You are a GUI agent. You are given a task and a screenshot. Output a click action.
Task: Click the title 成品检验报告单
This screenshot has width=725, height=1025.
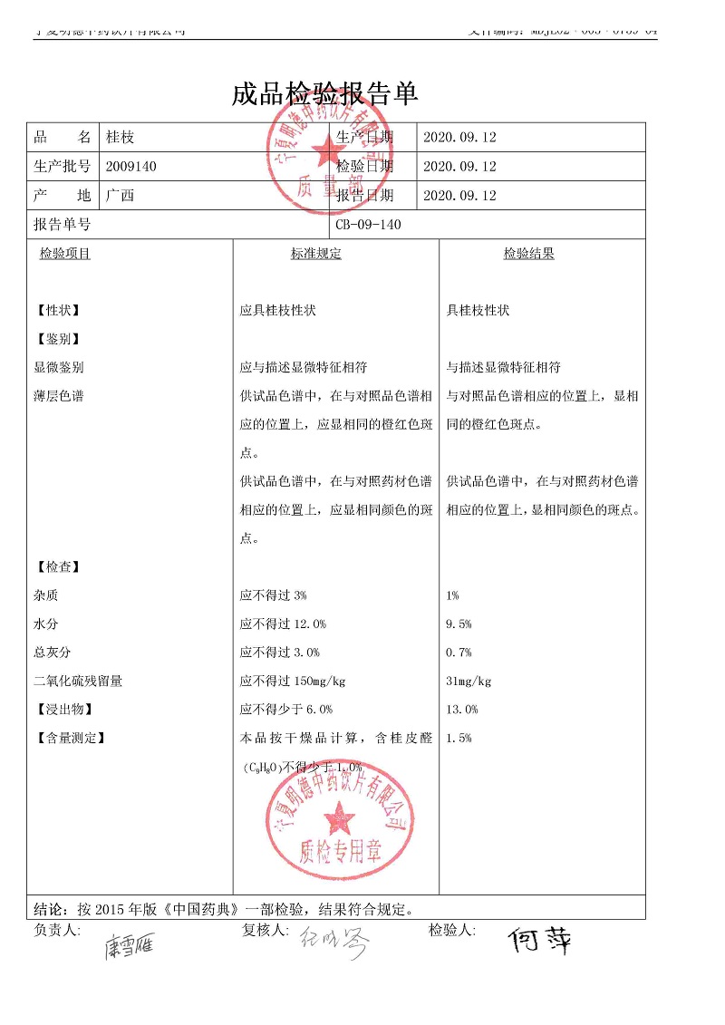[x=324, y=93]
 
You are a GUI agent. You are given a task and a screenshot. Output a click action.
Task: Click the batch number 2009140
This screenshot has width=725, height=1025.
[x=131, y=167]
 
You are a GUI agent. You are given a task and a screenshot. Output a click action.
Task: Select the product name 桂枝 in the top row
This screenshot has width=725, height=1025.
[x=120, y=138]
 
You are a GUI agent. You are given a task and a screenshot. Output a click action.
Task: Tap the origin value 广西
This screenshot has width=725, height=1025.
[x=120, y=196]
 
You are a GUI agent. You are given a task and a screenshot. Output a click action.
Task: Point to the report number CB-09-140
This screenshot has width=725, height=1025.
[x=368, y=225]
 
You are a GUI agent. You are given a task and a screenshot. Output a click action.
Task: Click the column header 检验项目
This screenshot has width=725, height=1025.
[x=64, y=254]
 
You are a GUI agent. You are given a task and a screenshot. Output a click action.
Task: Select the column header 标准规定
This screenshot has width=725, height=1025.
[x=316, y=254]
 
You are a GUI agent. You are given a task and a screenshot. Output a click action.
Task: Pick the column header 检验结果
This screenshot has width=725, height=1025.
[x=528, y=254]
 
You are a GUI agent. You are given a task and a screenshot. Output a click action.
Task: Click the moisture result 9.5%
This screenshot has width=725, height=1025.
[x=459, y=624]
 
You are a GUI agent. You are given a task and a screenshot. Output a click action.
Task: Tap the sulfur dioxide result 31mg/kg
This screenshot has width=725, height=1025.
[x=469, y=682]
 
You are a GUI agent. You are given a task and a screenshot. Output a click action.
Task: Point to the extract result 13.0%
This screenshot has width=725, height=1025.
[x=462, y=710]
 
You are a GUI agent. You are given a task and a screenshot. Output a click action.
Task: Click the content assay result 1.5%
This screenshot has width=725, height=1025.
[x=459, y=739]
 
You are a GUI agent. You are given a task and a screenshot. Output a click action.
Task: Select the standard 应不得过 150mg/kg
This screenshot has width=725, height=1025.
[x=293, y=682]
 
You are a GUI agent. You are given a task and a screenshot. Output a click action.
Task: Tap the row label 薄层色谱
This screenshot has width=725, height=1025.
[x=58, y=396]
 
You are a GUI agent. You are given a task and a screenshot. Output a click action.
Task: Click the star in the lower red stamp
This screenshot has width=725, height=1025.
[x=340, y=817]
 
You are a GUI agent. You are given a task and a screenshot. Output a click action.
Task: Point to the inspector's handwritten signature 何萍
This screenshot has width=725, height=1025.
[x=540, y=941]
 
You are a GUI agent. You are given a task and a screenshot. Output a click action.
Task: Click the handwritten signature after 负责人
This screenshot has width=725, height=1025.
[x=129, y=947]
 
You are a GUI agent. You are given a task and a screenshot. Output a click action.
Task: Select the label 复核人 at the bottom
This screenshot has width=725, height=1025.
[x=264, y=930]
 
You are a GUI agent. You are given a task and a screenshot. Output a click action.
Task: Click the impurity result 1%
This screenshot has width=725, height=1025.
[x=453, y=595]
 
